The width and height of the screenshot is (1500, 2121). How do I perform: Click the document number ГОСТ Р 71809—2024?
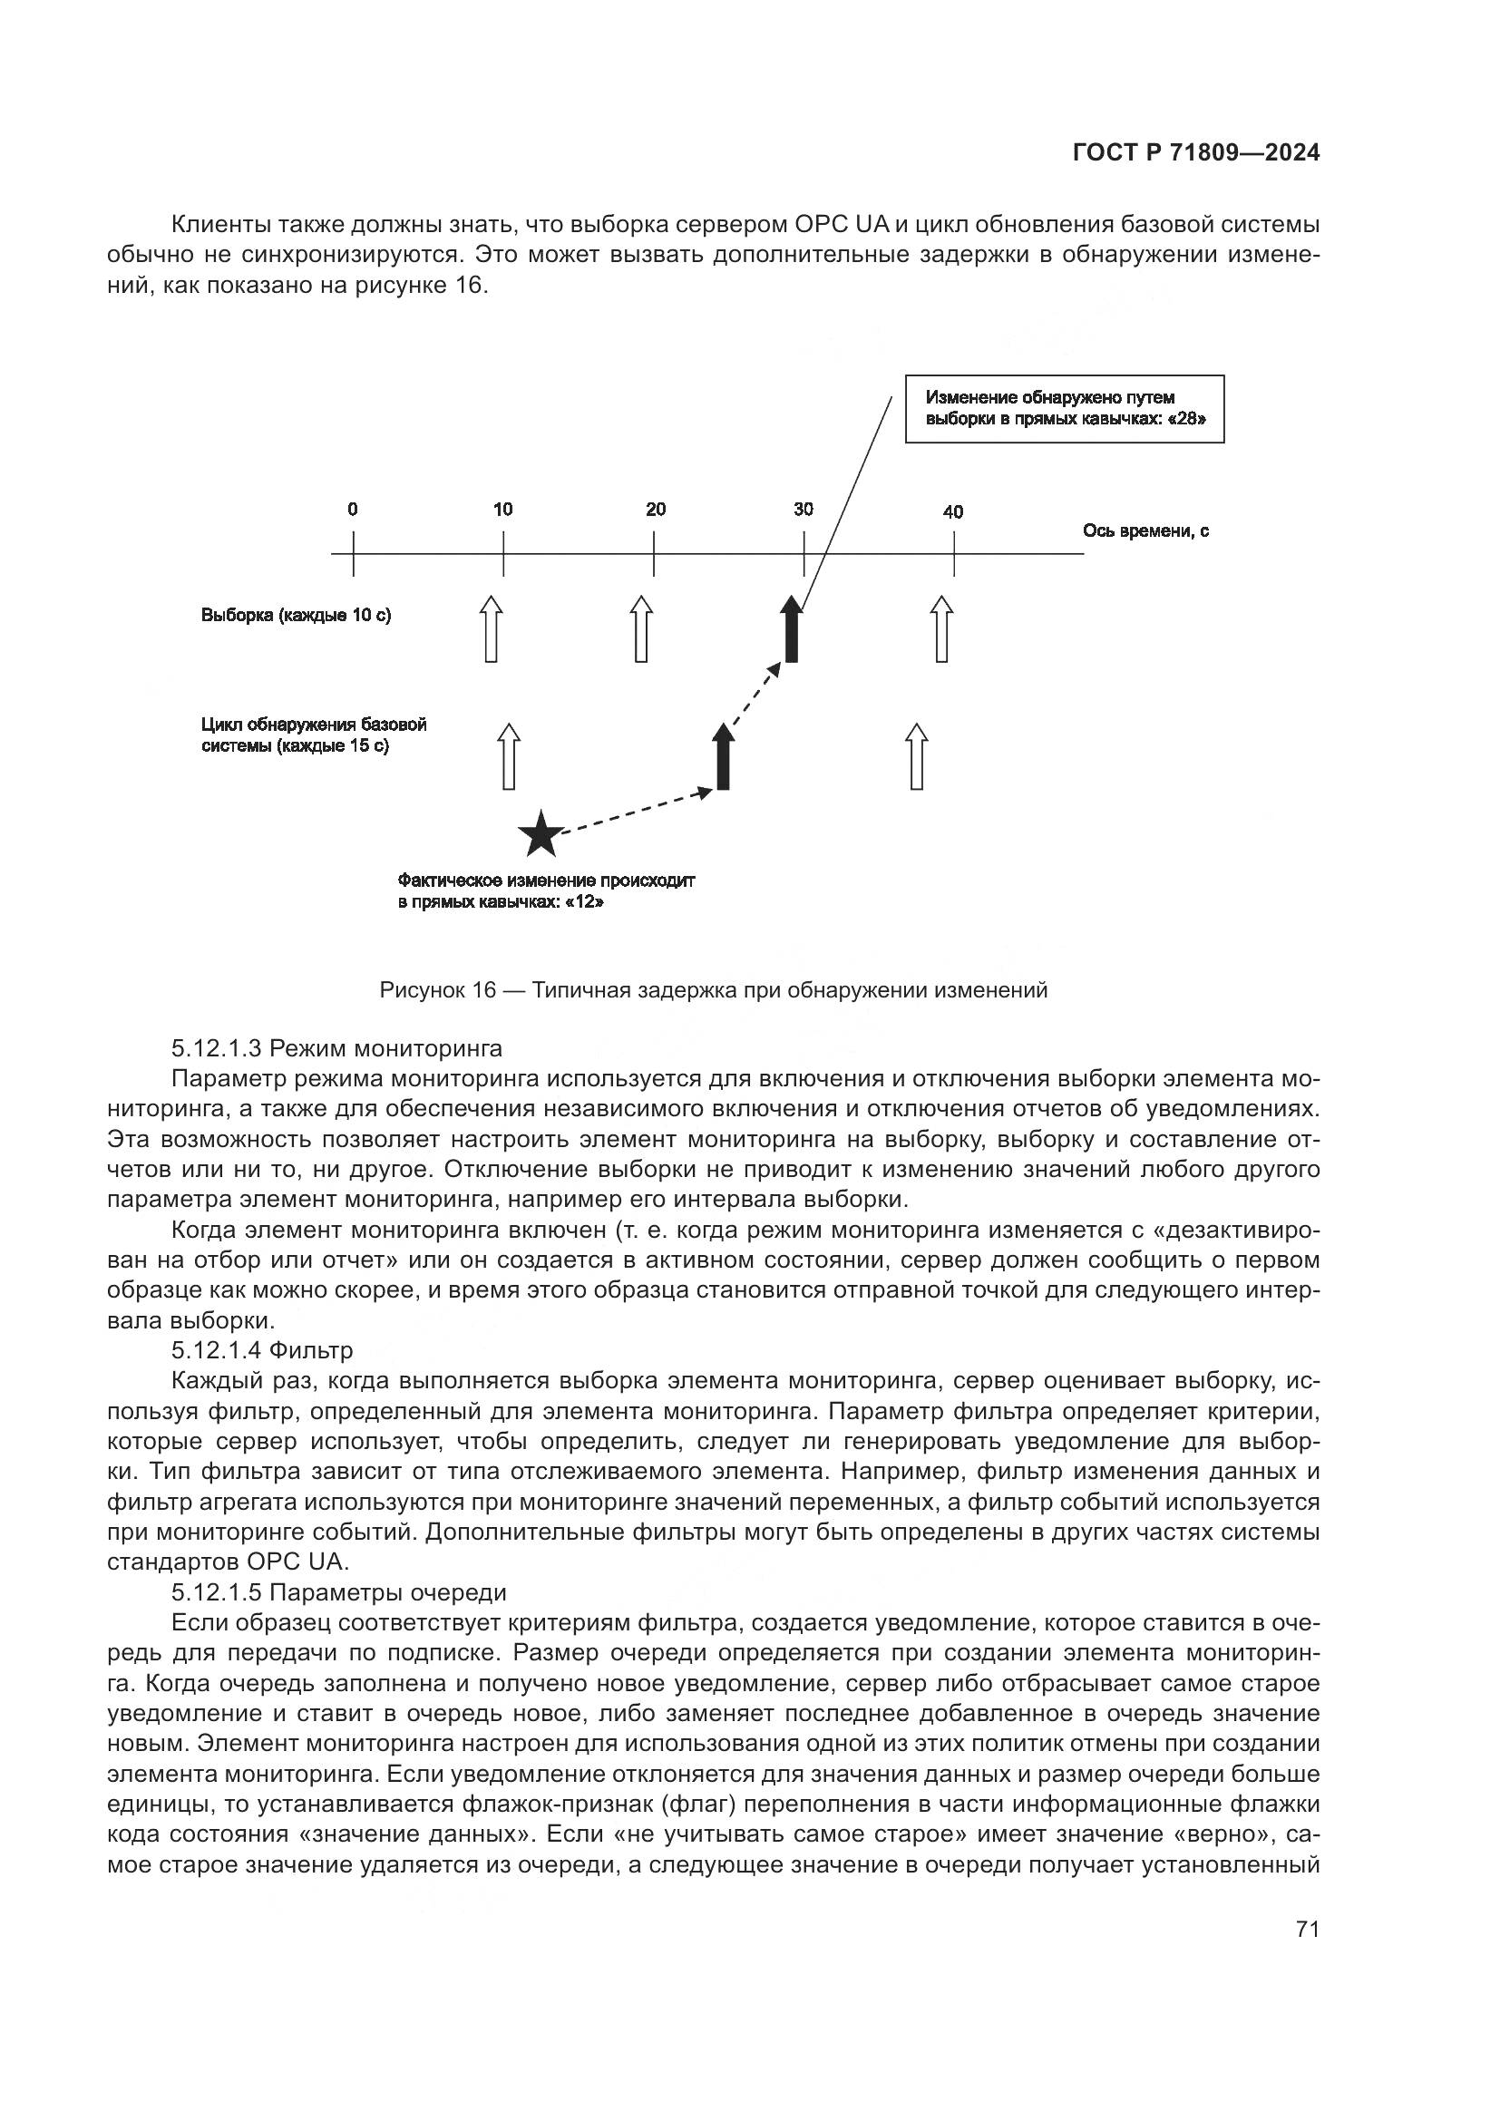[x=1195, y=153]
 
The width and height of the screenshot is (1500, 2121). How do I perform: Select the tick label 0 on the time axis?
[x=353, y=509]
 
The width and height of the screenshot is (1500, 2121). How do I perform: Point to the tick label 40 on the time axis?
[x=952, y=511]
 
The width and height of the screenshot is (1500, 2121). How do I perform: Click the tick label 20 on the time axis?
[x=655, y=509]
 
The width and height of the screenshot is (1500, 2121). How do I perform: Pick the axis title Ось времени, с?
[x=1145, y=531]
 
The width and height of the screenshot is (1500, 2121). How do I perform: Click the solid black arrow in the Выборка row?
[x=791, y=630]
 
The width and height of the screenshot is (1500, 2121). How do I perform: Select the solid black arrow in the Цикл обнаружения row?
[x=723, y=756]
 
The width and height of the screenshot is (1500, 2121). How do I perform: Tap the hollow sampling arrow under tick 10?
[x=492, y=630]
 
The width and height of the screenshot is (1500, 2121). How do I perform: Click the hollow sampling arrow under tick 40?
[x=941, y=630]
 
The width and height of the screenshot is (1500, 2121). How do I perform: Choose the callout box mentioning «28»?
[x=1064, y=409]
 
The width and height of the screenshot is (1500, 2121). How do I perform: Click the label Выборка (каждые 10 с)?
[x=296, y=615]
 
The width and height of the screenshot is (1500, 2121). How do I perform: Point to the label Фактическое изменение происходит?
[x=546, y=881]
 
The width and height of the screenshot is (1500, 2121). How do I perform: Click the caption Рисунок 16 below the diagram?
[x=713, y=991]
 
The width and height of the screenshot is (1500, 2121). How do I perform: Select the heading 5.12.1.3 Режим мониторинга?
[x=336, y=1048]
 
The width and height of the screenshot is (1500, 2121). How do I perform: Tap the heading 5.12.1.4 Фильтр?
[x=261, y=1350]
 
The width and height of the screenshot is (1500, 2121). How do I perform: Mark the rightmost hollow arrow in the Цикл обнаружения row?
[x=916, y=756]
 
